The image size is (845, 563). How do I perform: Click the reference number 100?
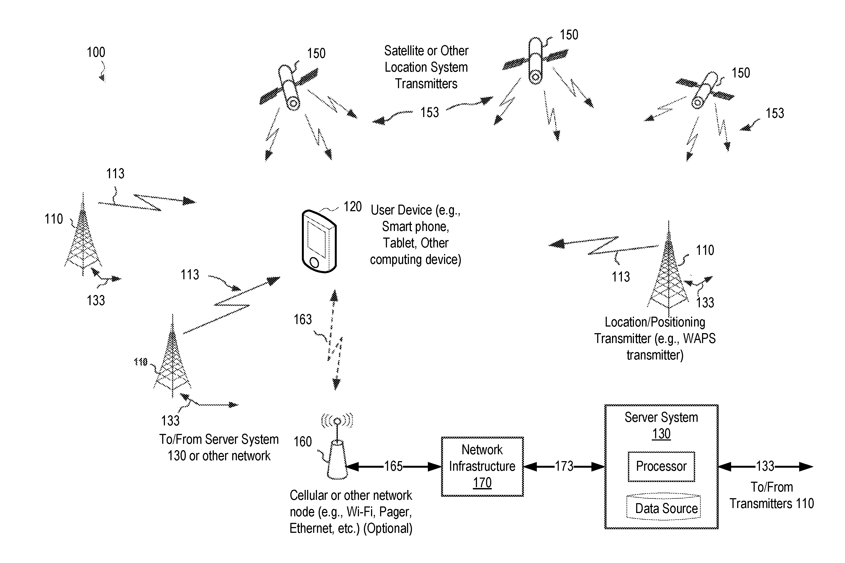(96, 52)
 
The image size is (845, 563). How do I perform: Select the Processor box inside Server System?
(661, 466)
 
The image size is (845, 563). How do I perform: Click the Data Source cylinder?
(663, 507)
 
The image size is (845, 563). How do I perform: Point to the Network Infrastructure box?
(482, 466)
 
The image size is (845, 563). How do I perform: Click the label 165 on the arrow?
(393, 466)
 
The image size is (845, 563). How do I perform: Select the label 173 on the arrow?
(564, 466)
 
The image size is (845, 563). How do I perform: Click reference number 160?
(302, 442)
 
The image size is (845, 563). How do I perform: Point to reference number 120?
(352, 207)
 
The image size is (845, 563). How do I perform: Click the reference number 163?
(302, 319)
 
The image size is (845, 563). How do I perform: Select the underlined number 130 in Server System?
(661, 434)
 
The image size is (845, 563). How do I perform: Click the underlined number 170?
(482, 483)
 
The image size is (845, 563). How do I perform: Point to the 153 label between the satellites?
(429, 112)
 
